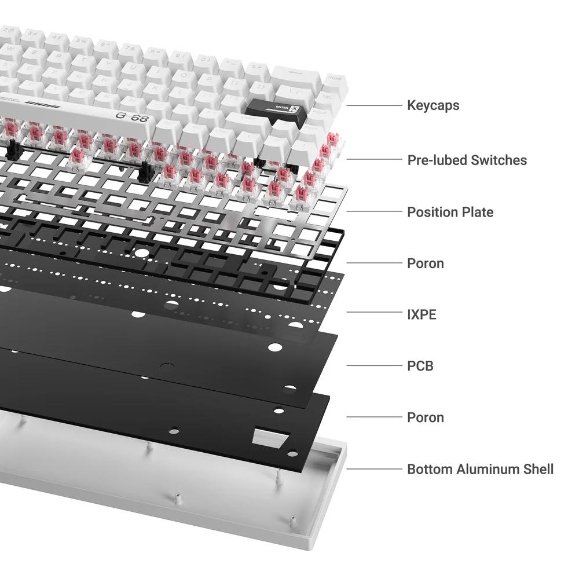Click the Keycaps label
(x=433, y=105)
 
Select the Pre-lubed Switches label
(x=467, y=160)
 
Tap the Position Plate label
(x=450, y=212)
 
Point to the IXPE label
(x=422, y=314)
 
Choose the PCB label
(x=420, y=366)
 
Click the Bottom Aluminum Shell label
(x=480, y=469)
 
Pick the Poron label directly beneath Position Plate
(x=425, y=263)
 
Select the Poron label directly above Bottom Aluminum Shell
(x=425, y=417)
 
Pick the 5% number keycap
(x=82, y=43)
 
